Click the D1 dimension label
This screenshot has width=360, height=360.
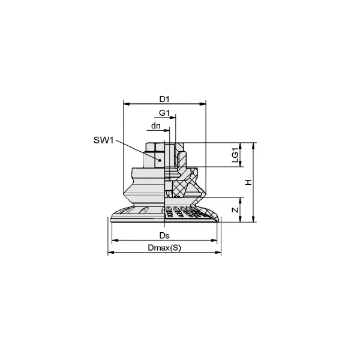[x=164, y=99]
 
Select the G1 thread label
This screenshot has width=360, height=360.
[x=164, y=113]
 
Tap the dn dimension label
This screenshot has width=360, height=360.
[x=155, y=126]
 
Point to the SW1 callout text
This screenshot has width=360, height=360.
[x=104, y=140]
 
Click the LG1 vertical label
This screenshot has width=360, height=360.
[x=235, y=155]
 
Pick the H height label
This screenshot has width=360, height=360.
[x=248, y=182]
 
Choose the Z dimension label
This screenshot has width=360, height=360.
[x=235, y=209]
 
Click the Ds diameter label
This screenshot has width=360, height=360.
[x=164, y=236]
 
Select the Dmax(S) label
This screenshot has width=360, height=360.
[x=164, y=248]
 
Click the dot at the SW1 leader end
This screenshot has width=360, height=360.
[x=160, y=160]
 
